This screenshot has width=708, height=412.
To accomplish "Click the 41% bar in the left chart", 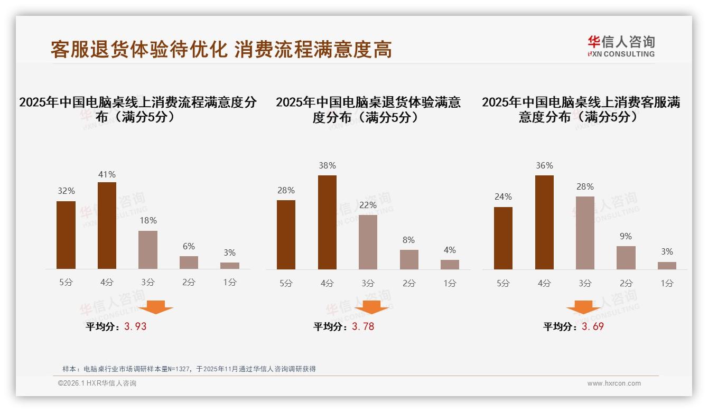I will point(107,226).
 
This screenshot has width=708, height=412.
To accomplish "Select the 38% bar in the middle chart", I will point(327,222).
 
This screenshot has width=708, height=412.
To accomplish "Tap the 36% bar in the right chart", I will point(544,222).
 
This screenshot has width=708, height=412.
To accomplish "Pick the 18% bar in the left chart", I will point(148,250).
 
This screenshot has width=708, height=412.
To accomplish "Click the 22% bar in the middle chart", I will point(368,242).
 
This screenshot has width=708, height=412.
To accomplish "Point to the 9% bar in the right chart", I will point(626,258).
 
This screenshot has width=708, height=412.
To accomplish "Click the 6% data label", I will point(189,246).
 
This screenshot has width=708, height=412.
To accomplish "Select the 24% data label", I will point(503,196).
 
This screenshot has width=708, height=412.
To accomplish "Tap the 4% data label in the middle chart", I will point(450,250).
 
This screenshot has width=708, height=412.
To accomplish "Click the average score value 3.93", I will point(135,326).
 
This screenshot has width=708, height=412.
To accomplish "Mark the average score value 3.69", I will point(592,326).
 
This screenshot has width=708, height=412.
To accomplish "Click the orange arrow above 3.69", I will point(583,307).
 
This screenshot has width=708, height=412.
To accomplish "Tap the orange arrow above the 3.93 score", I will point(156,307).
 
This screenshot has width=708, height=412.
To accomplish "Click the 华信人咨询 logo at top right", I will point(621,46).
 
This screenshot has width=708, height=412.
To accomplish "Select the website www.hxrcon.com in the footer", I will point(614,383).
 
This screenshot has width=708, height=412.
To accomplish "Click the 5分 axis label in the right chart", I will point(503,283).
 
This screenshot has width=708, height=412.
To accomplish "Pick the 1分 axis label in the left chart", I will point(230,283).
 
